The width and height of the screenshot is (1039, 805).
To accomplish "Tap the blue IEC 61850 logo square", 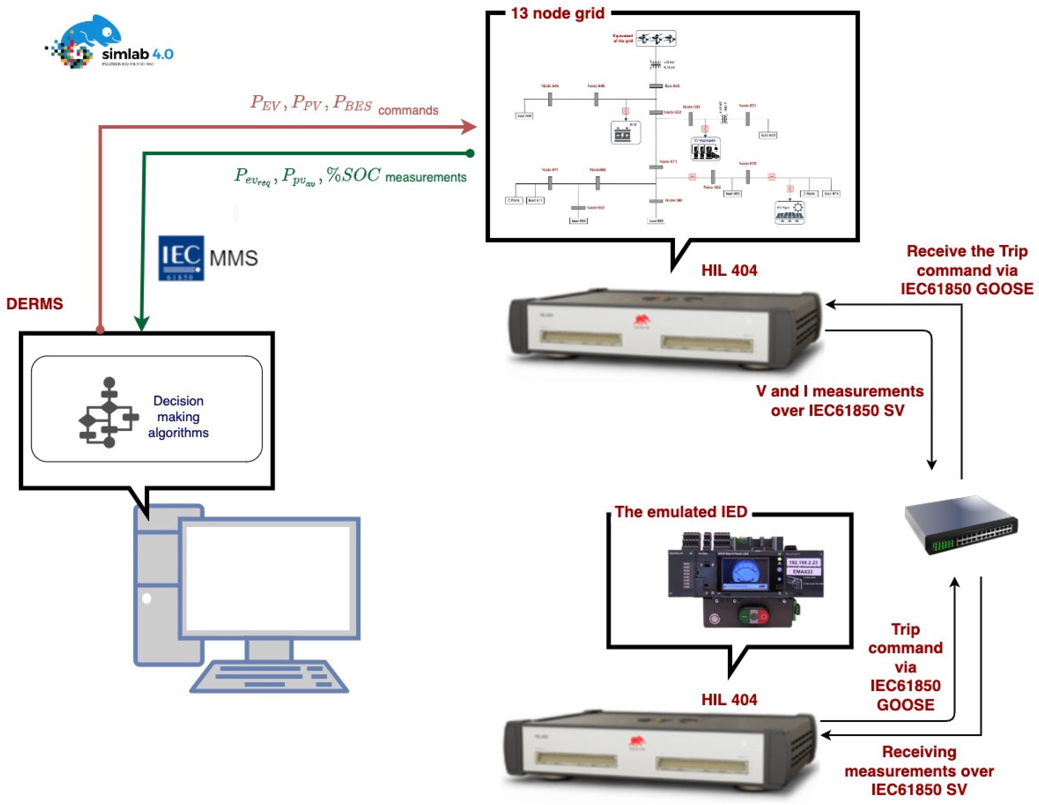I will pyautogui.click(x=181, y=258).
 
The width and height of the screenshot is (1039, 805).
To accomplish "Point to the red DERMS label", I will pyautogui.click(x=34, y=303).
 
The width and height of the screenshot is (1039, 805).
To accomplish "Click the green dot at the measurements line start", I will pyautogui.click(x=470, y=153).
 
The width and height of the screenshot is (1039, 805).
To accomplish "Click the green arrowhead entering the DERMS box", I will pyautogui.click(x=142, y=324).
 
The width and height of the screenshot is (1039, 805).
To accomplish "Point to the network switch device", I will pyautogui.click(x=961, y=525).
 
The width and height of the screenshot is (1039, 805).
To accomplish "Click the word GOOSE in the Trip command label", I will pyautogui.click(x=905, y=705).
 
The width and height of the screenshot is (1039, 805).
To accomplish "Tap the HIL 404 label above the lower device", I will pyautogui.click(x=729, y=699).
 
